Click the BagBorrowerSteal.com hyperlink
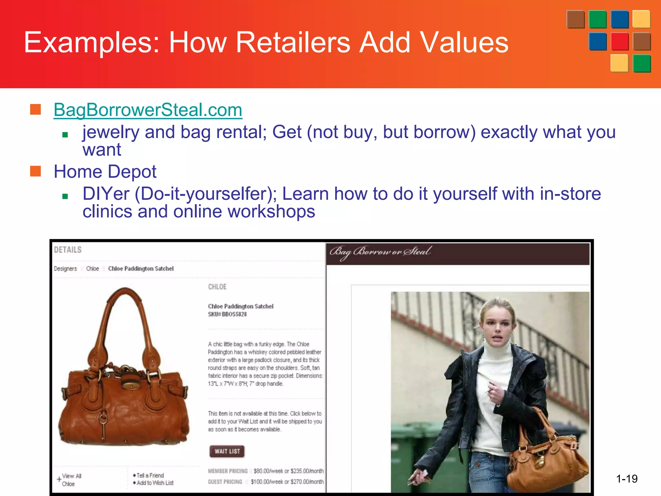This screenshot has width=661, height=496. (148, 110)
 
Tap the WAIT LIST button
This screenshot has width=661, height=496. (227, 451)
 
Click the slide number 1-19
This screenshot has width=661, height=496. (626, 479)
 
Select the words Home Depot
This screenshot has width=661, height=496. (105, 171)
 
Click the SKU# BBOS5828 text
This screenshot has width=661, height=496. (227, 314)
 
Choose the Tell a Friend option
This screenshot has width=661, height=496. (150, 475)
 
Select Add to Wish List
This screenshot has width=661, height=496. (155, 483)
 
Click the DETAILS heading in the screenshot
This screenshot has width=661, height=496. (68, 250)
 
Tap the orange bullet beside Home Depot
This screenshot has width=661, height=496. (36, 171)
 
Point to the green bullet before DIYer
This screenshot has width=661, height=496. (65, 196)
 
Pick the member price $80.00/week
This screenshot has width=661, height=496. (268, 471)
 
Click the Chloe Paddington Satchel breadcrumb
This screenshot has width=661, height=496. (141, 269)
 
